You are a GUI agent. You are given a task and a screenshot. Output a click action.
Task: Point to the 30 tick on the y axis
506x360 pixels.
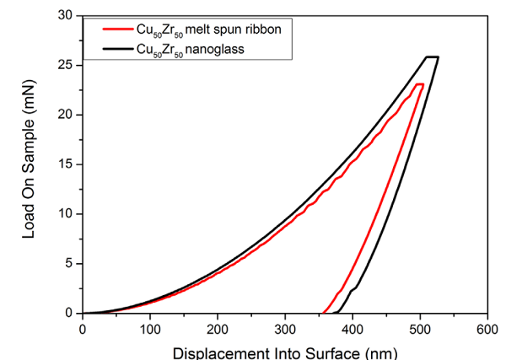coord(67,15)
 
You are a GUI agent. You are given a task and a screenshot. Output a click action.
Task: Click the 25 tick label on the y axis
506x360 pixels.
coord(67,65)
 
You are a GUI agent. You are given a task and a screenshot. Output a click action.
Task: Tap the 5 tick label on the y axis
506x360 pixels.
coord(71,263)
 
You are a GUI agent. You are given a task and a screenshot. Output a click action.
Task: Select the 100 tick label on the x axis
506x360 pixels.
coord(149,328)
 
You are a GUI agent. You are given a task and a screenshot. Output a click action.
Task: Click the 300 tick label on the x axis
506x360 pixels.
coord(284,328)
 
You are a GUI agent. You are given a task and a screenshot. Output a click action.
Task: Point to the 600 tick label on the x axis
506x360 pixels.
coord(486,328)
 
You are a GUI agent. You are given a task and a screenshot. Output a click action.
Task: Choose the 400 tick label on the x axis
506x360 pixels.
coord(352,328)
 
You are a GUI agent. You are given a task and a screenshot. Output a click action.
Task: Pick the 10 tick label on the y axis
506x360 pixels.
coord(67,213)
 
